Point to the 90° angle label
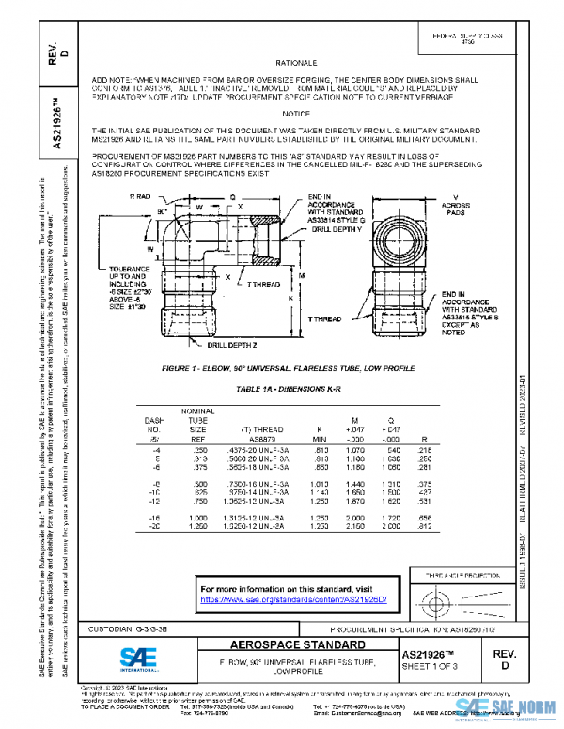160,212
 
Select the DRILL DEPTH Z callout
230,345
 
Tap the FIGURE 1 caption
280,368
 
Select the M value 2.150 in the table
356,527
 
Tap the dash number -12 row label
153,500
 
